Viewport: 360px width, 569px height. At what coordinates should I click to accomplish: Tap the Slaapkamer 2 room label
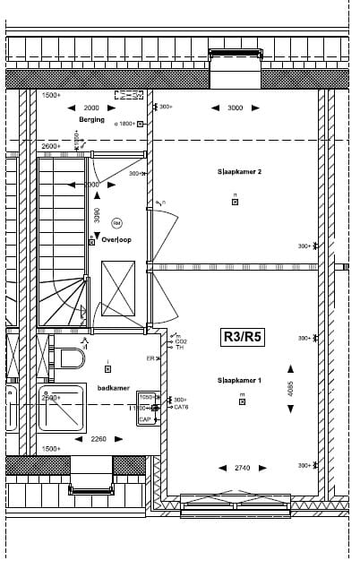point(239,171)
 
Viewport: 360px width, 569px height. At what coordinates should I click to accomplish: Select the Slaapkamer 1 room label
point(239,381)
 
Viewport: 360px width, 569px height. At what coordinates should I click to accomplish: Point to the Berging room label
point(91,119)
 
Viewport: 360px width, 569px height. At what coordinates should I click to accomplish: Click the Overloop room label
point(116,240)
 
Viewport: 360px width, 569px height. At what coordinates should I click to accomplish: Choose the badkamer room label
point(113,388)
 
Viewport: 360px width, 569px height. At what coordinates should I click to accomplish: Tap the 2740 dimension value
point(242,468)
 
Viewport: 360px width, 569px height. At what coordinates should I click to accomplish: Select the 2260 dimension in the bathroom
point(99,439)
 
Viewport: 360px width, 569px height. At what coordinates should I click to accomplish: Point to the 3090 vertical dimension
point(97,215)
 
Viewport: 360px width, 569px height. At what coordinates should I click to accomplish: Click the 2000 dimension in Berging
point(91,108)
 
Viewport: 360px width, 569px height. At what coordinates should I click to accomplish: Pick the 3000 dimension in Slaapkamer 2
point(235,108)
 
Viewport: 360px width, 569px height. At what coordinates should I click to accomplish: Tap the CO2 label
point(181,341)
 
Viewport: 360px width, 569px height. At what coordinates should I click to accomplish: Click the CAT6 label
point(181,408)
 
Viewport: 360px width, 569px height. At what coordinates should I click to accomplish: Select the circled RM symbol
point(116,222)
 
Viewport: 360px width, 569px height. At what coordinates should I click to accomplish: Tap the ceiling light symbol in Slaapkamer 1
point(242,401)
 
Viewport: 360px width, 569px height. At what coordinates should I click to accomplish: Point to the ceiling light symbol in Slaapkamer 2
point(235,202)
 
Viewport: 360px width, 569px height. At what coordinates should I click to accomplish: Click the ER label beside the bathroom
point(150,358)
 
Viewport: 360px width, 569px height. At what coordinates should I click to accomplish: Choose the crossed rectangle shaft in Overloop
point(118,288)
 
